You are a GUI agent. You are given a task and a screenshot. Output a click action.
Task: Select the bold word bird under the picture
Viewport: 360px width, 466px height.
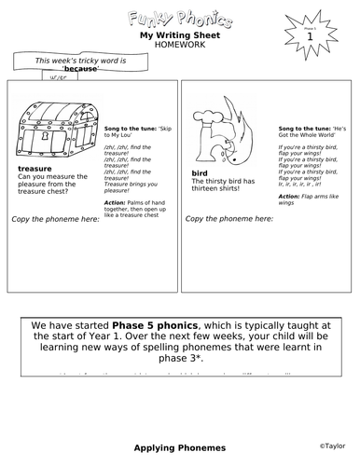199,172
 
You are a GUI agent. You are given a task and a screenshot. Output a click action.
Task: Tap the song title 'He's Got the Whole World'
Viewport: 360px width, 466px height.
314,128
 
